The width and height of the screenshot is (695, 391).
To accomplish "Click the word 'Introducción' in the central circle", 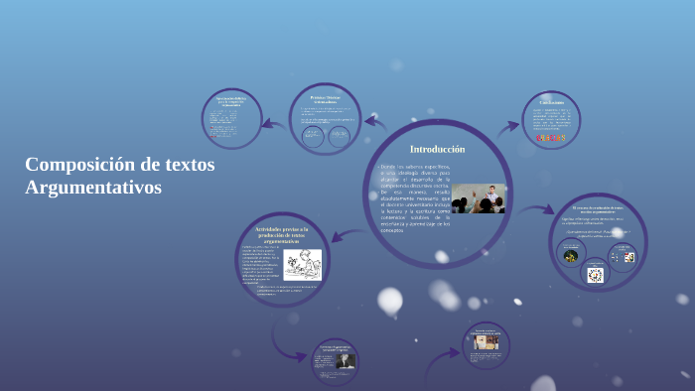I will (437, 149).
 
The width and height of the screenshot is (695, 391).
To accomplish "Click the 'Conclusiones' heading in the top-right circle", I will (551, 102).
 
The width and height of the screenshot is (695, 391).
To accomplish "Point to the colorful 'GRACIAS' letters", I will (550, 137).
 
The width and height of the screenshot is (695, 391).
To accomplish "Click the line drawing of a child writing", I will (302, 265).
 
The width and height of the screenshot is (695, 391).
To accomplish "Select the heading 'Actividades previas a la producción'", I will (281, 234).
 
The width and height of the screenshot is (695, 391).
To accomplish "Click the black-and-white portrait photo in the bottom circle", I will (344, 361).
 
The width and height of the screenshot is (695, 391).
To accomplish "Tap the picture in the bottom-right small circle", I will (486, 341).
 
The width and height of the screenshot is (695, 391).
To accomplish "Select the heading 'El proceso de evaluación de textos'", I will (598, 209).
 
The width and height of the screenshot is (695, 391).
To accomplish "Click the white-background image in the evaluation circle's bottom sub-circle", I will (596, 275).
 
